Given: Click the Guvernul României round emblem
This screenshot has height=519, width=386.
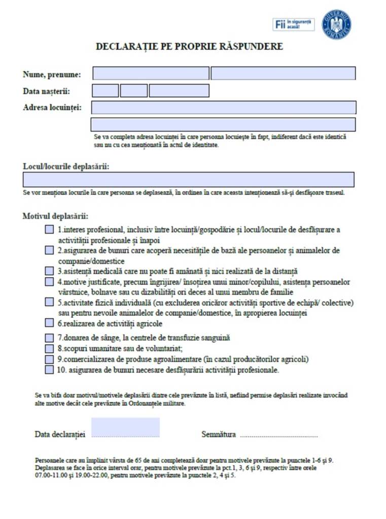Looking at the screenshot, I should [336, 24].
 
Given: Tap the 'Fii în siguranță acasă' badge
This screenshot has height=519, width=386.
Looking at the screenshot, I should [294, 24].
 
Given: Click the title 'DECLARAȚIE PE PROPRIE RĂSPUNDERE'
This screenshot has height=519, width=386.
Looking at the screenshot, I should [189, 47].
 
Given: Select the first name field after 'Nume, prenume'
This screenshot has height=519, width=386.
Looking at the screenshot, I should [151, 73].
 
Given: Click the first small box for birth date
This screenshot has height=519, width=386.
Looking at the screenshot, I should [106, 91].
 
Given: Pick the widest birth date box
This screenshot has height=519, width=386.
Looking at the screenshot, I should [179, 91].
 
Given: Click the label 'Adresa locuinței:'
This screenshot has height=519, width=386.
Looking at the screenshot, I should [52, 107].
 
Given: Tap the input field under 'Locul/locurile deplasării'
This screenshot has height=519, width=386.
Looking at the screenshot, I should [188, 179].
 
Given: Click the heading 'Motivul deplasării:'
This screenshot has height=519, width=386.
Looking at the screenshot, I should [55, 216].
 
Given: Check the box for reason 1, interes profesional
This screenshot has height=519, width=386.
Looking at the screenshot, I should [49, 230].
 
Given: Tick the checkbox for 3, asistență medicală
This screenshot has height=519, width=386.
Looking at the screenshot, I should [49, 271].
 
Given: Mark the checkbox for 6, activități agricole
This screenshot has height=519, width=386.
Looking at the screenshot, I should [49, 323].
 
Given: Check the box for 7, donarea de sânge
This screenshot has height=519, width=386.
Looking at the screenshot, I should [49, 338].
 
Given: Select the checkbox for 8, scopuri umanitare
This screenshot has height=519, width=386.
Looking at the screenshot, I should [49, 349].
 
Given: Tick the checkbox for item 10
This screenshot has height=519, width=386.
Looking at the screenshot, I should [49, 369].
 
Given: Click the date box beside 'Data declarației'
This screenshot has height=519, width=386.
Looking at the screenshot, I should [125, 427].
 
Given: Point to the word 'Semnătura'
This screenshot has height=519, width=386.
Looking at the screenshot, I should [219, 434].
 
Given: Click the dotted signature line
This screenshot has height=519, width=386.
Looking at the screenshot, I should [278, 435].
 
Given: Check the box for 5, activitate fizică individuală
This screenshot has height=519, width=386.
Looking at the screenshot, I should [49, 303].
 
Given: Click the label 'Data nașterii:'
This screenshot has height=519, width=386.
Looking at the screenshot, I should [46, 91].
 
